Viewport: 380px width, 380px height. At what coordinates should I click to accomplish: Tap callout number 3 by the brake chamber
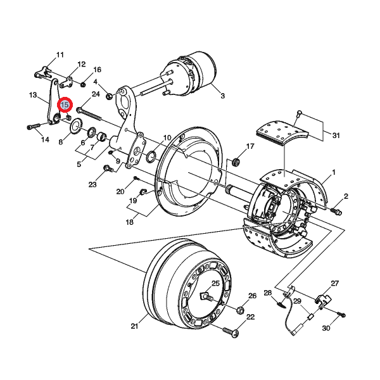(x=222, y=96)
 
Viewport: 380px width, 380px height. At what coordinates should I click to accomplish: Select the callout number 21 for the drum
(x=134, y=327)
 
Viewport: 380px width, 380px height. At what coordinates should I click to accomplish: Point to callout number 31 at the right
(x=336, y=136)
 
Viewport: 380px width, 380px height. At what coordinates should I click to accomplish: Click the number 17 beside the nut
(x=250, y=147)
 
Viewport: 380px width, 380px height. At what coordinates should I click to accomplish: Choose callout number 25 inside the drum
(x=215, y=283)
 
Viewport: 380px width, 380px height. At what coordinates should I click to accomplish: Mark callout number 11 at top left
(x=60, y=55)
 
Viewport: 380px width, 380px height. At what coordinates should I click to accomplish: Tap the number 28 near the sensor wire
(x=268, y=293)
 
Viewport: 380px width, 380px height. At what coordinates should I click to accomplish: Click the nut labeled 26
(x=240, y=310)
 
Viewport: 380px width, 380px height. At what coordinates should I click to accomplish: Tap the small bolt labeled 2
(x=336, y=210)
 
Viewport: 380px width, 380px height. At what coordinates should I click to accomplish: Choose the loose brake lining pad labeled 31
(x=280, y=136)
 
